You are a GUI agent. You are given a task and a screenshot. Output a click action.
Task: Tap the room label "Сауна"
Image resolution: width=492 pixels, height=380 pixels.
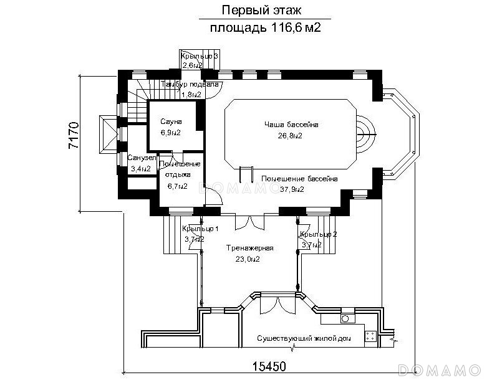click(x=170, y=121)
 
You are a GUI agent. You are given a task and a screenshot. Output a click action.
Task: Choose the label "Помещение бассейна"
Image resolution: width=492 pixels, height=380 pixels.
click(x=299, y=179)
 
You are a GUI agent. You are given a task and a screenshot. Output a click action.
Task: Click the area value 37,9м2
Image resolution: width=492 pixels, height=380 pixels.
click(x=291, y=189)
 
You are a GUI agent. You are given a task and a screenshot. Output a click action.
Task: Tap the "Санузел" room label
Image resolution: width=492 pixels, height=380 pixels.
click(x=142, y=158)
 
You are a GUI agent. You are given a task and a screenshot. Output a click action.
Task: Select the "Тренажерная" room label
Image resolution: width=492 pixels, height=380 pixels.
click(x=248, y=248)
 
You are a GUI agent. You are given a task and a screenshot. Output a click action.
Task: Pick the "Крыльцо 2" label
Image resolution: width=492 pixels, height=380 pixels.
click(x=318, y=234)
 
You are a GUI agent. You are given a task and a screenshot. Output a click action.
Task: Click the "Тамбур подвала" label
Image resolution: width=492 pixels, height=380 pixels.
click(x=190, y=83)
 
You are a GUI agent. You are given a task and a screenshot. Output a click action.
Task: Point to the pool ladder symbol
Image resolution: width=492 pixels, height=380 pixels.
click(x=247, y=171)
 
